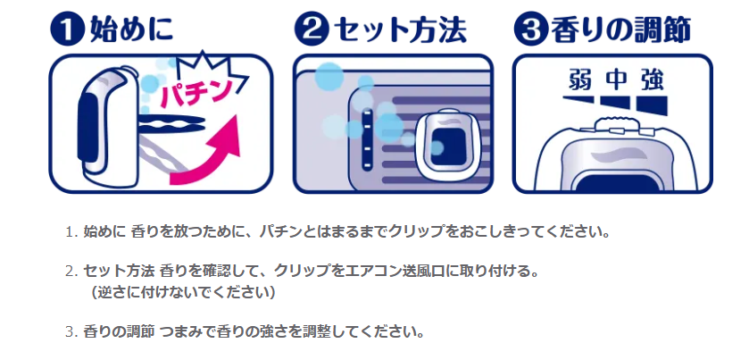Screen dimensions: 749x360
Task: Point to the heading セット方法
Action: [398, 29]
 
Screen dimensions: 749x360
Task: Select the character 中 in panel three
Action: [613, 80]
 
